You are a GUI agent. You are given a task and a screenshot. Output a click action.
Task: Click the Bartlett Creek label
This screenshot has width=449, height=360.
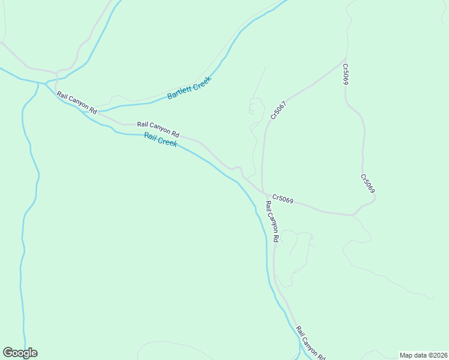coord(190,88)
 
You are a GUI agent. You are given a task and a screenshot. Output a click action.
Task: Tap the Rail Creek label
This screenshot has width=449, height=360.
coord(160,141)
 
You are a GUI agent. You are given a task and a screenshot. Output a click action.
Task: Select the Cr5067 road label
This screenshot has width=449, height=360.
coord(278,109)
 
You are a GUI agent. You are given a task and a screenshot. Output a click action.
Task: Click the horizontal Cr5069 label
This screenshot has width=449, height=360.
coord(282,199)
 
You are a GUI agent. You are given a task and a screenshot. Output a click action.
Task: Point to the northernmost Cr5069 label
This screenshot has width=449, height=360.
coord(346,74)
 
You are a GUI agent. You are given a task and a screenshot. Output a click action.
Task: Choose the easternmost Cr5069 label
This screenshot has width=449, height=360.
coord(368,184)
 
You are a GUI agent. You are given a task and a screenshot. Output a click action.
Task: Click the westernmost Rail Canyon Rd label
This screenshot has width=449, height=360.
coord(77,103)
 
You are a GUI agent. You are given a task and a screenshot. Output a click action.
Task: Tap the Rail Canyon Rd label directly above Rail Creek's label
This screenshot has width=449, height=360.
coord(158,129)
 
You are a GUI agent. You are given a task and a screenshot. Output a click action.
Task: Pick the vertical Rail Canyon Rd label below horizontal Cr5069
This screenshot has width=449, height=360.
coord(271,221)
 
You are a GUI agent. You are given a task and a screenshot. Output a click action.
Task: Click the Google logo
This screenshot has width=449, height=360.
coord(20,353)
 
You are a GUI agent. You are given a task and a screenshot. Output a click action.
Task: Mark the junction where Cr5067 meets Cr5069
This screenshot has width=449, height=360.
coord(264,193)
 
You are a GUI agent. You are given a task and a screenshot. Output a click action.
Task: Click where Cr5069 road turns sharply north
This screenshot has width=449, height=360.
coord(354,214)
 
